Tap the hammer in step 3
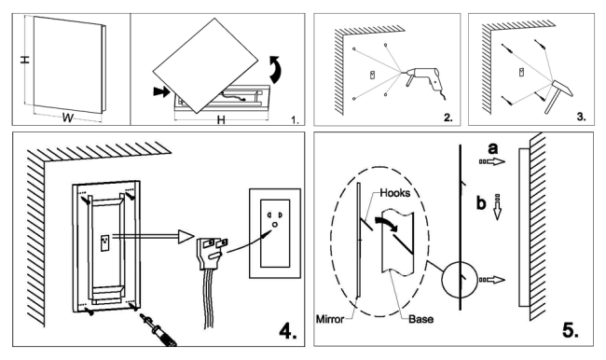click(558, 94)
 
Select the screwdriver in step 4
click(158, 329)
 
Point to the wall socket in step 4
click(275, 233)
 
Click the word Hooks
click(394, 192)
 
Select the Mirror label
click(330, 319)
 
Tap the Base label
click(420, 319)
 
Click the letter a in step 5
click(493, 148)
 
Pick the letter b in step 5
click(481, 202)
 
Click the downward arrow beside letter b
click(498, 207)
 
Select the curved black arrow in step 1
click(276, 70)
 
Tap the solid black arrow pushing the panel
click(161, 91)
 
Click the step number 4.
click(288, 331)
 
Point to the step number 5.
click(571, 330)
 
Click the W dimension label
click(68, 118)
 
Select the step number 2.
click(448, 118)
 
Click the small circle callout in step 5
click(459, 280)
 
